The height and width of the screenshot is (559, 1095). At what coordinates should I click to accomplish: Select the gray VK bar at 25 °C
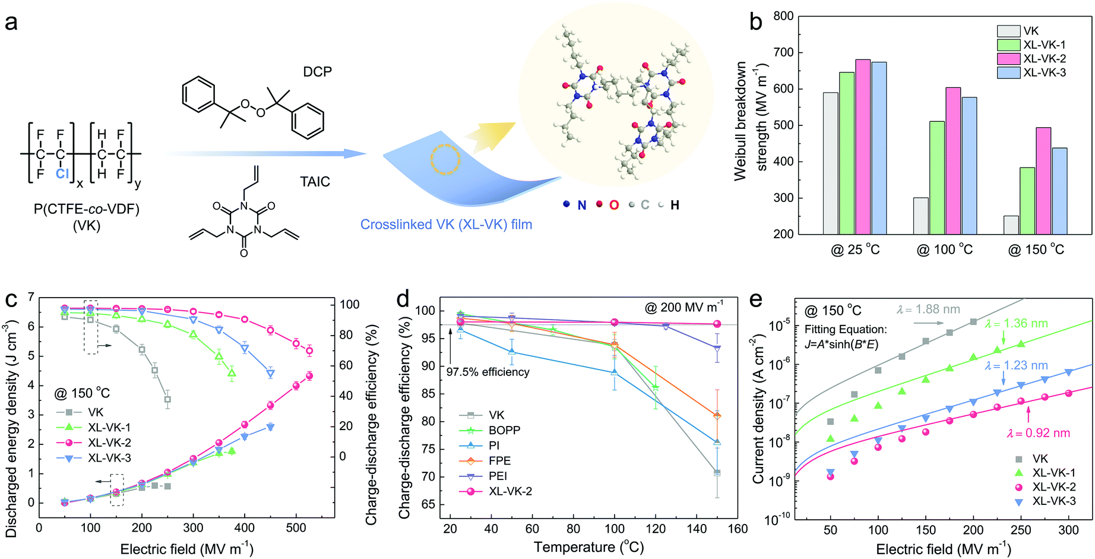[830, 163]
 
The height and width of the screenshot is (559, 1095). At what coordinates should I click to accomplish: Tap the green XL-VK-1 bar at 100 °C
[937, 178]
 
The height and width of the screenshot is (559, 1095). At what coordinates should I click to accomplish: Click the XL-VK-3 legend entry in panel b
[1044, 72]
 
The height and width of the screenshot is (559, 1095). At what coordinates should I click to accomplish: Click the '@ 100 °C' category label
[944, 250]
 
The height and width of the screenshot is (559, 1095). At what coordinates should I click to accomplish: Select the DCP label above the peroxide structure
[317, 72]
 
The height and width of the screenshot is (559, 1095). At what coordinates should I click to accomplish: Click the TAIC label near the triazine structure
[315, 182]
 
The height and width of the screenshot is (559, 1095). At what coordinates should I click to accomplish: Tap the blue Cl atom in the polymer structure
[62, 173]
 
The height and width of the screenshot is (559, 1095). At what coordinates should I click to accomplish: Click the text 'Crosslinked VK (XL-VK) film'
[446, 225]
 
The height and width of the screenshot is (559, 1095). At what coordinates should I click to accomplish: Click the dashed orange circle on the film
[445, 159]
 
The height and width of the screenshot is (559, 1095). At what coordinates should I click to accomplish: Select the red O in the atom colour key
[613, 205]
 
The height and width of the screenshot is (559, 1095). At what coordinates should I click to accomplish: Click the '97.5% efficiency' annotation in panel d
[488, 372]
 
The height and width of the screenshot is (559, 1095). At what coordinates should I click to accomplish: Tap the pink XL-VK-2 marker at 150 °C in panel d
[717, 324]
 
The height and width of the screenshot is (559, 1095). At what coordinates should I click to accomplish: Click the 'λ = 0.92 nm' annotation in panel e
[1038, 433]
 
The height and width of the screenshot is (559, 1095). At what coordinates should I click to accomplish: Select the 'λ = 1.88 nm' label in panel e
[928, 309]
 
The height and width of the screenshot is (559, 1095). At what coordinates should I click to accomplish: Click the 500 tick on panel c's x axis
[296, 528]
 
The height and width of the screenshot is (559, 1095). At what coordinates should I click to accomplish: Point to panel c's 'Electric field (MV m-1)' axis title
[186, 549]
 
